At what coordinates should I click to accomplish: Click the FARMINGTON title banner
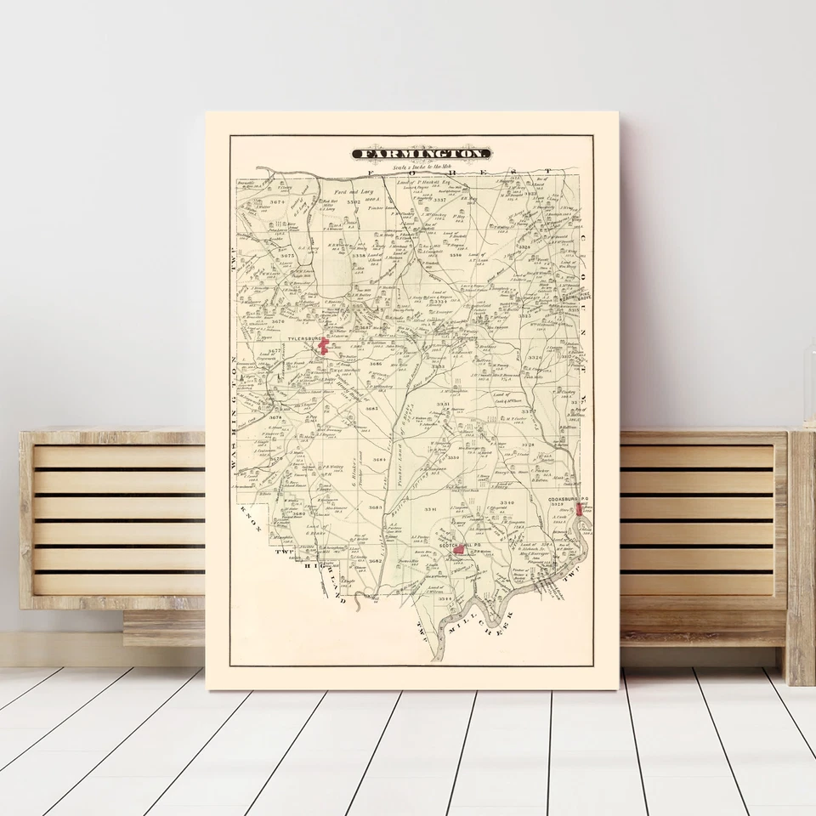pos(422,154)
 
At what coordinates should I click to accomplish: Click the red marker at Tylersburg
pos(323,345)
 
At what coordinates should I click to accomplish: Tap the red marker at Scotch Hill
pos(459,550)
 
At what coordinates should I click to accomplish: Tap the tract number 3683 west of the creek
pos(371,409)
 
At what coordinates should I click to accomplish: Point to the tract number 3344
pos(446,599)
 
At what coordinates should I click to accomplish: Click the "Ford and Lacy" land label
pos(354,193)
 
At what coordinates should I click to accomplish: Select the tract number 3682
pos(375,561)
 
